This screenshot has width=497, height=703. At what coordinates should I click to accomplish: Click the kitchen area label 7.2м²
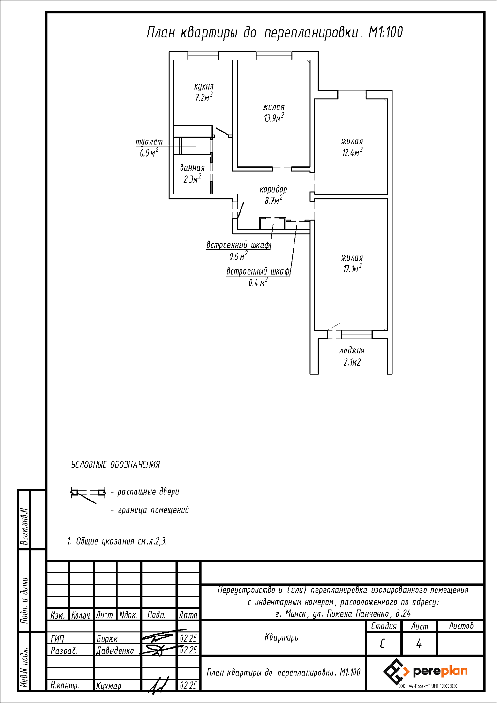point(203,98)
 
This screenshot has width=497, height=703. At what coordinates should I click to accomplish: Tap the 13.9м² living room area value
point(273,118)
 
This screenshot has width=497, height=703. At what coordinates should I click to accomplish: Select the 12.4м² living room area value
point(352,152)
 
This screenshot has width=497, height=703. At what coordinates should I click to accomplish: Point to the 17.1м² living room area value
point(352,269)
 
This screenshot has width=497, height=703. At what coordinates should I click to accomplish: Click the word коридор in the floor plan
point(273,190)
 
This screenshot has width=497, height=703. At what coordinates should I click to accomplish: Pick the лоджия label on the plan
point(352,351)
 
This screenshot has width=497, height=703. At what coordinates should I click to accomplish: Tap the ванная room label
point(192,168)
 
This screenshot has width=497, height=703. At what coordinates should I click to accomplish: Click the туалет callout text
point(149,142)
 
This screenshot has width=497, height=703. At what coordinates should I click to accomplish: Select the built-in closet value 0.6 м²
point(238,256)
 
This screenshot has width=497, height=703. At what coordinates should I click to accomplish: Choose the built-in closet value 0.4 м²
point(258,283)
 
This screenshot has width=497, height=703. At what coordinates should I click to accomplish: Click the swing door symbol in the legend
point(88,493)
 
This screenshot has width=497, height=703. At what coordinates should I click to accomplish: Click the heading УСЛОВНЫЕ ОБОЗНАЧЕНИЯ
point(115,465)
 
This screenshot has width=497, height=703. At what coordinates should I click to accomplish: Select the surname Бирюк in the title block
point(107,639)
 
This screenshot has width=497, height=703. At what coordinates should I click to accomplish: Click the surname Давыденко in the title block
point(115,651)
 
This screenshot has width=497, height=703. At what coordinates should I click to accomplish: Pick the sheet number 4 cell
point(419,644)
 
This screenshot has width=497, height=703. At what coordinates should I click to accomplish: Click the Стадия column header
point(384,626)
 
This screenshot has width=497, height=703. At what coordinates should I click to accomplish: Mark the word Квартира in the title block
point(281,637)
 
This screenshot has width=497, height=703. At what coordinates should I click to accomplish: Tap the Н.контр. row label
point(65,686)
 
